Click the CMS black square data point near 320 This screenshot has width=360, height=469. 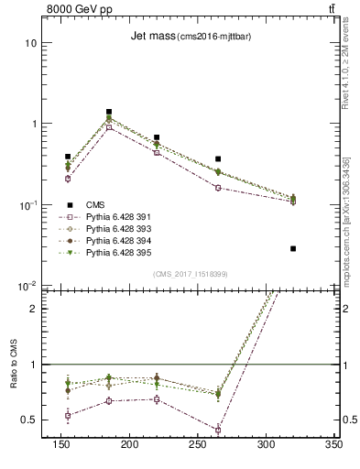click(x=293, y=248)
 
